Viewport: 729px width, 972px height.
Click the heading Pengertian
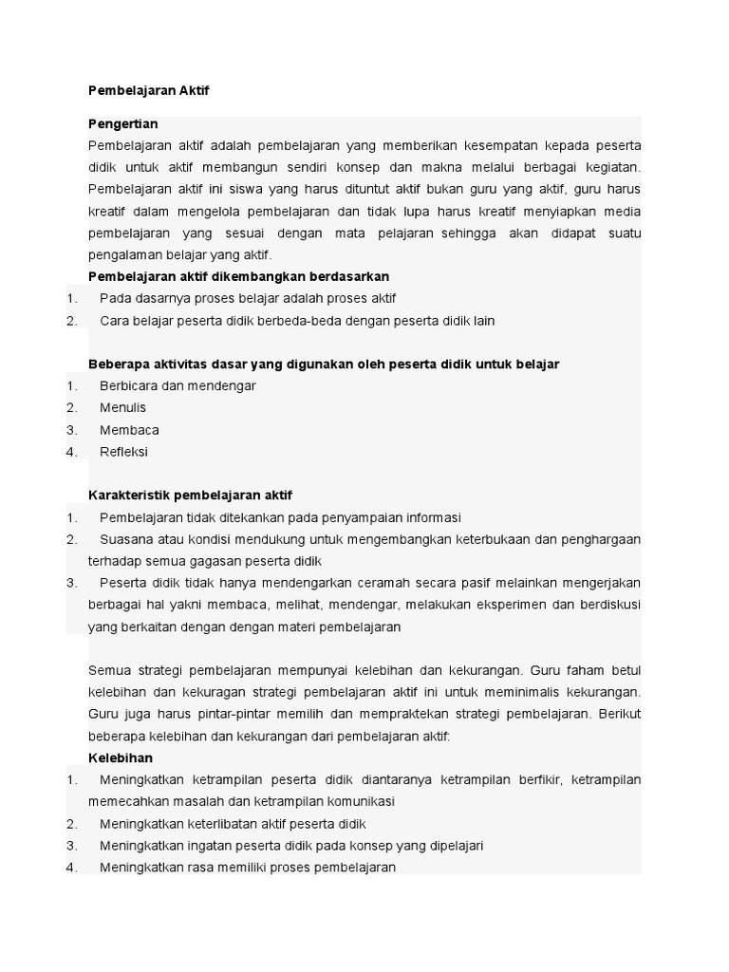[x=122, y=123]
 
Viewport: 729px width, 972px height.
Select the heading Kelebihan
[x=120, y=757]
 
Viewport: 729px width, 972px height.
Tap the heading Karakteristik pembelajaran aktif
[x=190, y=495]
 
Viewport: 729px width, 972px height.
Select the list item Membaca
[x=129, y=430]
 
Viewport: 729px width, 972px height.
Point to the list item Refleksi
[x=123, y=452]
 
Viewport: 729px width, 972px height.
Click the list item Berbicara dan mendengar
[x=178, y=385]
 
